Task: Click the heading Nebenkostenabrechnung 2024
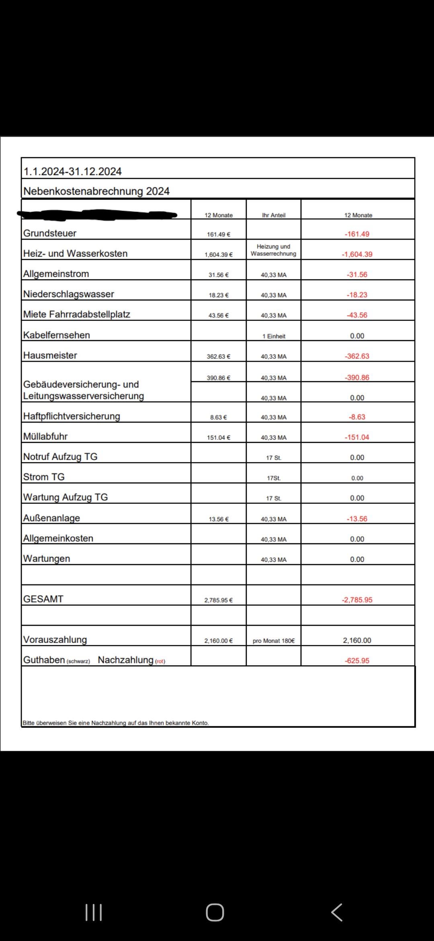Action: click(96, 191)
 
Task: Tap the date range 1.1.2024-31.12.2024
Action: click(72, 171)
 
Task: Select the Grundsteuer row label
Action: click(50, 233)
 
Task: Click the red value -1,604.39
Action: click(357, 254)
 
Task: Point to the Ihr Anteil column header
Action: click(274, 215)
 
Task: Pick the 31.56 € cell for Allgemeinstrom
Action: click(219, 275)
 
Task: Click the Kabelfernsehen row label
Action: click(57, 335)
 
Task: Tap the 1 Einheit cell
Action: click(274, 336)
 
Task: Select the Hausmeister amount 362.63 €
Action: click(219, 356)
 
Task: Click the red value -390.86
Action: click(357, 378)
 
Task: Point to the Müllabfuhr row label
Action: click(45, 436)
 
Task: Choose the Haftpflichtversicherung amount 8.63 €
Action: click(219, 417)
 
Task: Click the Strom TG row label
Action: click(44, 477)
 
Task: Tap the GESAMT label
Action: click(43, 599)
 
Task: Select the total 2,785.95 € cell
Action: click(219, 600)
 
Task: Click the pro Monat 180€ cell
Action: click(274, 641)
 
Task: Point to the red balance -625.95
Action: click(357, 660)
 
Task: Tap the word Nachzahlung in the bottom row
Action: click(126, 660)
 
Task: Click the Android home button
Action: click(215, 912)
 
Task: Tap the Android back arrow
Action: click(337, 912)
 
